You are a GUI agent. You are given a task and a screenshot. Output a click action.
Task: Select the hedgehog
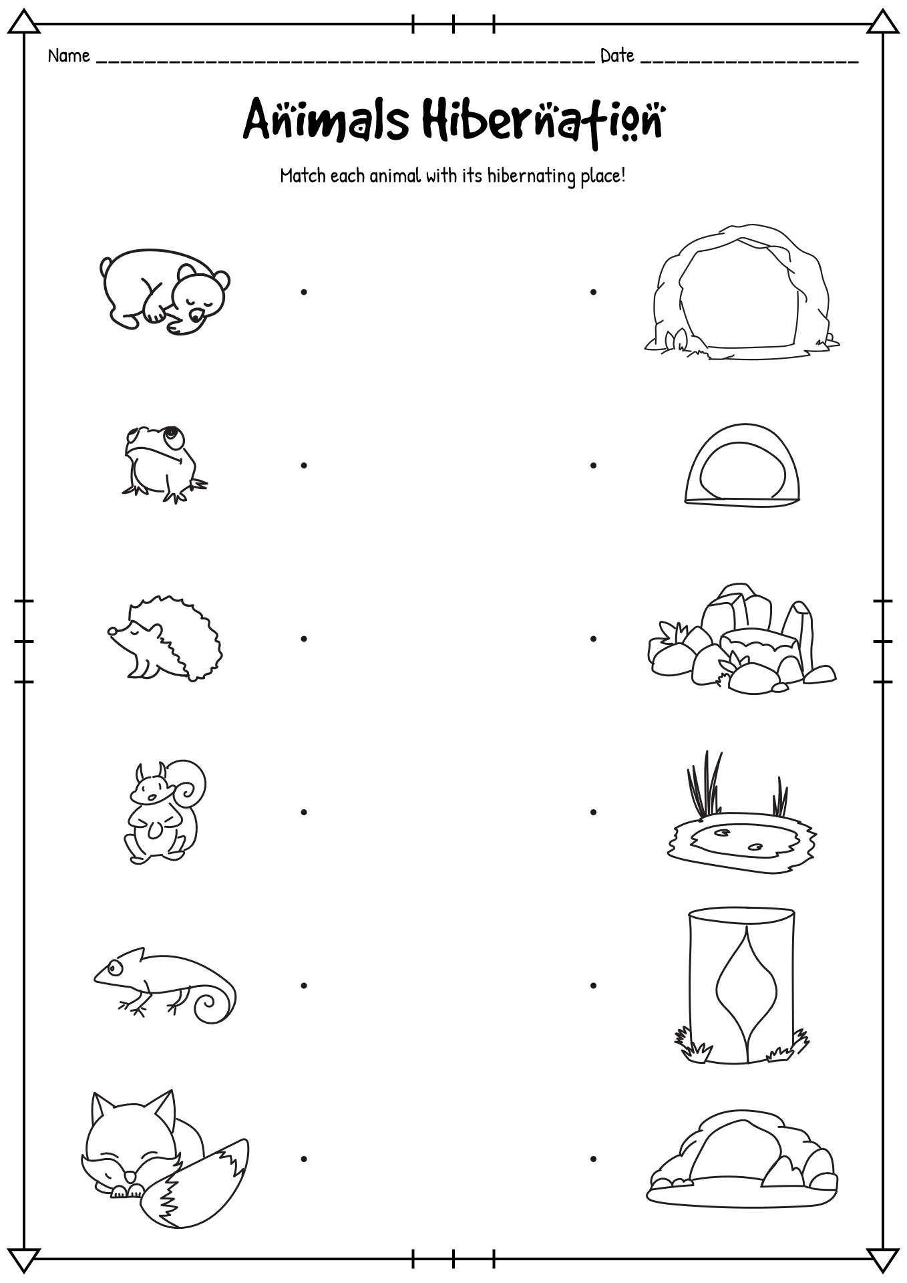(165, 638)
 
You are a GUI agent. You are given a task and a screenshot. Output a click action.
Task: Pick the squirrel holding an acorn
(164, 811)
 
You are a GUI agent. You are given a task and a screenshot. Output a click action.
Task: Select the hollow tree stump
(741, 986)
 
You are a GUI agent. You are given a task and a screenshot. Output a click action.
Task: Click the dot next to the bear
(304, 291)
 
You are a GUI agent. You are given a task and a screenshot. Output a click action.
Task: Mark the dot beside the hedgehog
(304, 638)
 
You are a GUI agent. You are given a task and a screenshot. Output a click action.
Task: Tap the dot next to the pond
(593, 812)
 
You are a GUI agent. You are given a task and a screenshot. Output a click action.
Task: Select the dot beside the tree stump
(593, 985)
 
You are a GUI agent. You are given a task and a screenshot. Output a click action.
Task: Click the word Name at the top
(69, 56)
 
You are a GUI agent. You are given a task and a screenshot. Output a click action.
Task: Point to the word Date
(617, 56)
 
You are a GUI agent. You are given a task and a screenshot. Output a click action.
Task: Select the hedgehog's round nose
(112, 630)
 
